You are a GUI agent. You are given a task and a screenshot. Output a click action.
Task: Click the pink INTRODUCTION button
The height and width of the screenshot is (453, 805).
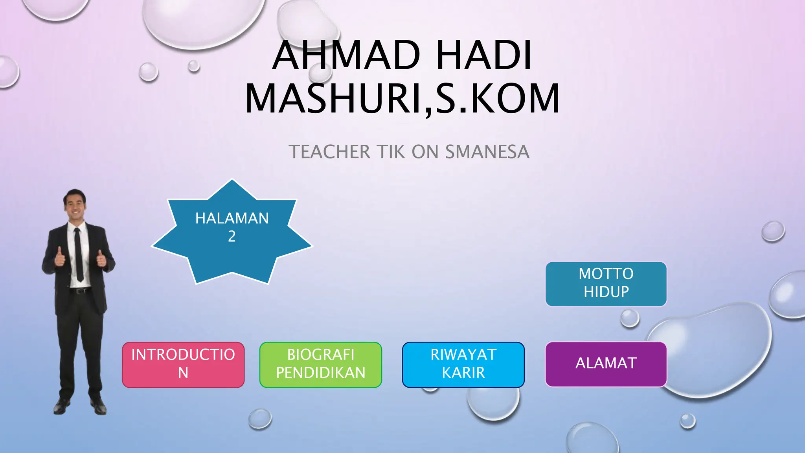point(183,365)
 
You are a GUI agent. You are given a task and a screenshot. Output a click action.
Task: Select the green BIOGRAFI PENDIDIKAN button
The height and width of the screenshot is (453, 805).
point(321,365)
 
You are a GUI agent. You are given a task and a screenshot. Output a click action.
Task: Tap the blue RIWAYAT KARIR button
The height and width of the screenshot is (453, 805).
point(463,365)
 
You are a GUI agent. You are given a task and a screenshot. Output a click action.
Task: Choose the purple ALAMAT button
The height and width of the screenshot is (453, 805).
point(606,364)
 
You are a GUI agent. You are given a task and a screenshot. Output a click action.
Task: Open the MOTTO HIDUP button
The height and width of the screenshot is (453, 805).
point(606,284)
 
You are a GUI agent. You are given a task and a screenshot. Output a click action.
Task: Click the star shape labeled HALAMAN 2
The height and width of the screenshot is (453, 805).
point(232,244)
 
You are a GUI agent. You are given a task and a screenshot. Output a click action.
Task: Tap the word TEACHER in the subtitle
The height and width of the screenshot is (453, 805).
point(329,152)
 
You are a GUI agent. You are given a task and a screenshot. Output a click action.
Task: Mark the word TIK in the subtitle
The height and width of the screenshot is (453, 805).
point(391,152)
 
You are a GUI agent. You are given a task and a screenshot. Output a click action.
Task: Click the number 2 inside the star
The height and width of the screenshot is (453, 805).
point(232,236)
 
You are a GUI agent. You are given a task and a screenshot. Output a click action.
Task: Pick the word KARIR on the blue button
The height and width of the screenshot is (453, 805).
point(463,373)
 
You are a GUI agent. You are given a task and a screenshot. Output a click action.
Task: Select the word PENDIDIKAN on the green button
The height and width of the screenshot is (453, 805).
point(321,373)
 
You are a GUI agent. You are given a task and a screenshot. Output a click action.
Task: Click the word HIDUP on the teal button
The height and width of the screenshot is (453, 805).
point(606,292)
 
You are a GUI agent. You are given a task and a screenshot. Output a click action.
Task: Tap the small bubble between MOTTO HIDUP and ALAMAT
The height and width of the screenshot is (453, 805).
point(630,318)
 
